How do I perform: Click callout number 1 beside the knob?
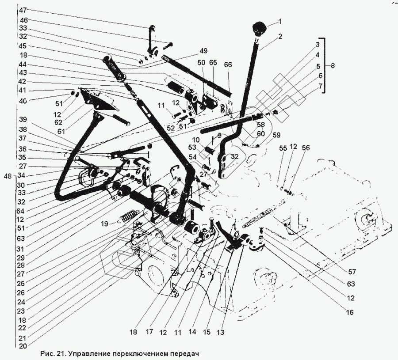click(x=279, y=21)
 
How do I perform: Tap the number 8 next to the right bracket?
click(x=333, y=65)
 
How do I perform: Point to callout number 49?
click(x=203, y=50)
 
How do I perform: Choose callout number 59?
click(x=276, y=135)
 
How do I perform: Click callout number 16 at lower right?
click(x=350, y=312)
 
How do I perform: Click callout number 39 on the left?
click(x=23, y=120)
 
